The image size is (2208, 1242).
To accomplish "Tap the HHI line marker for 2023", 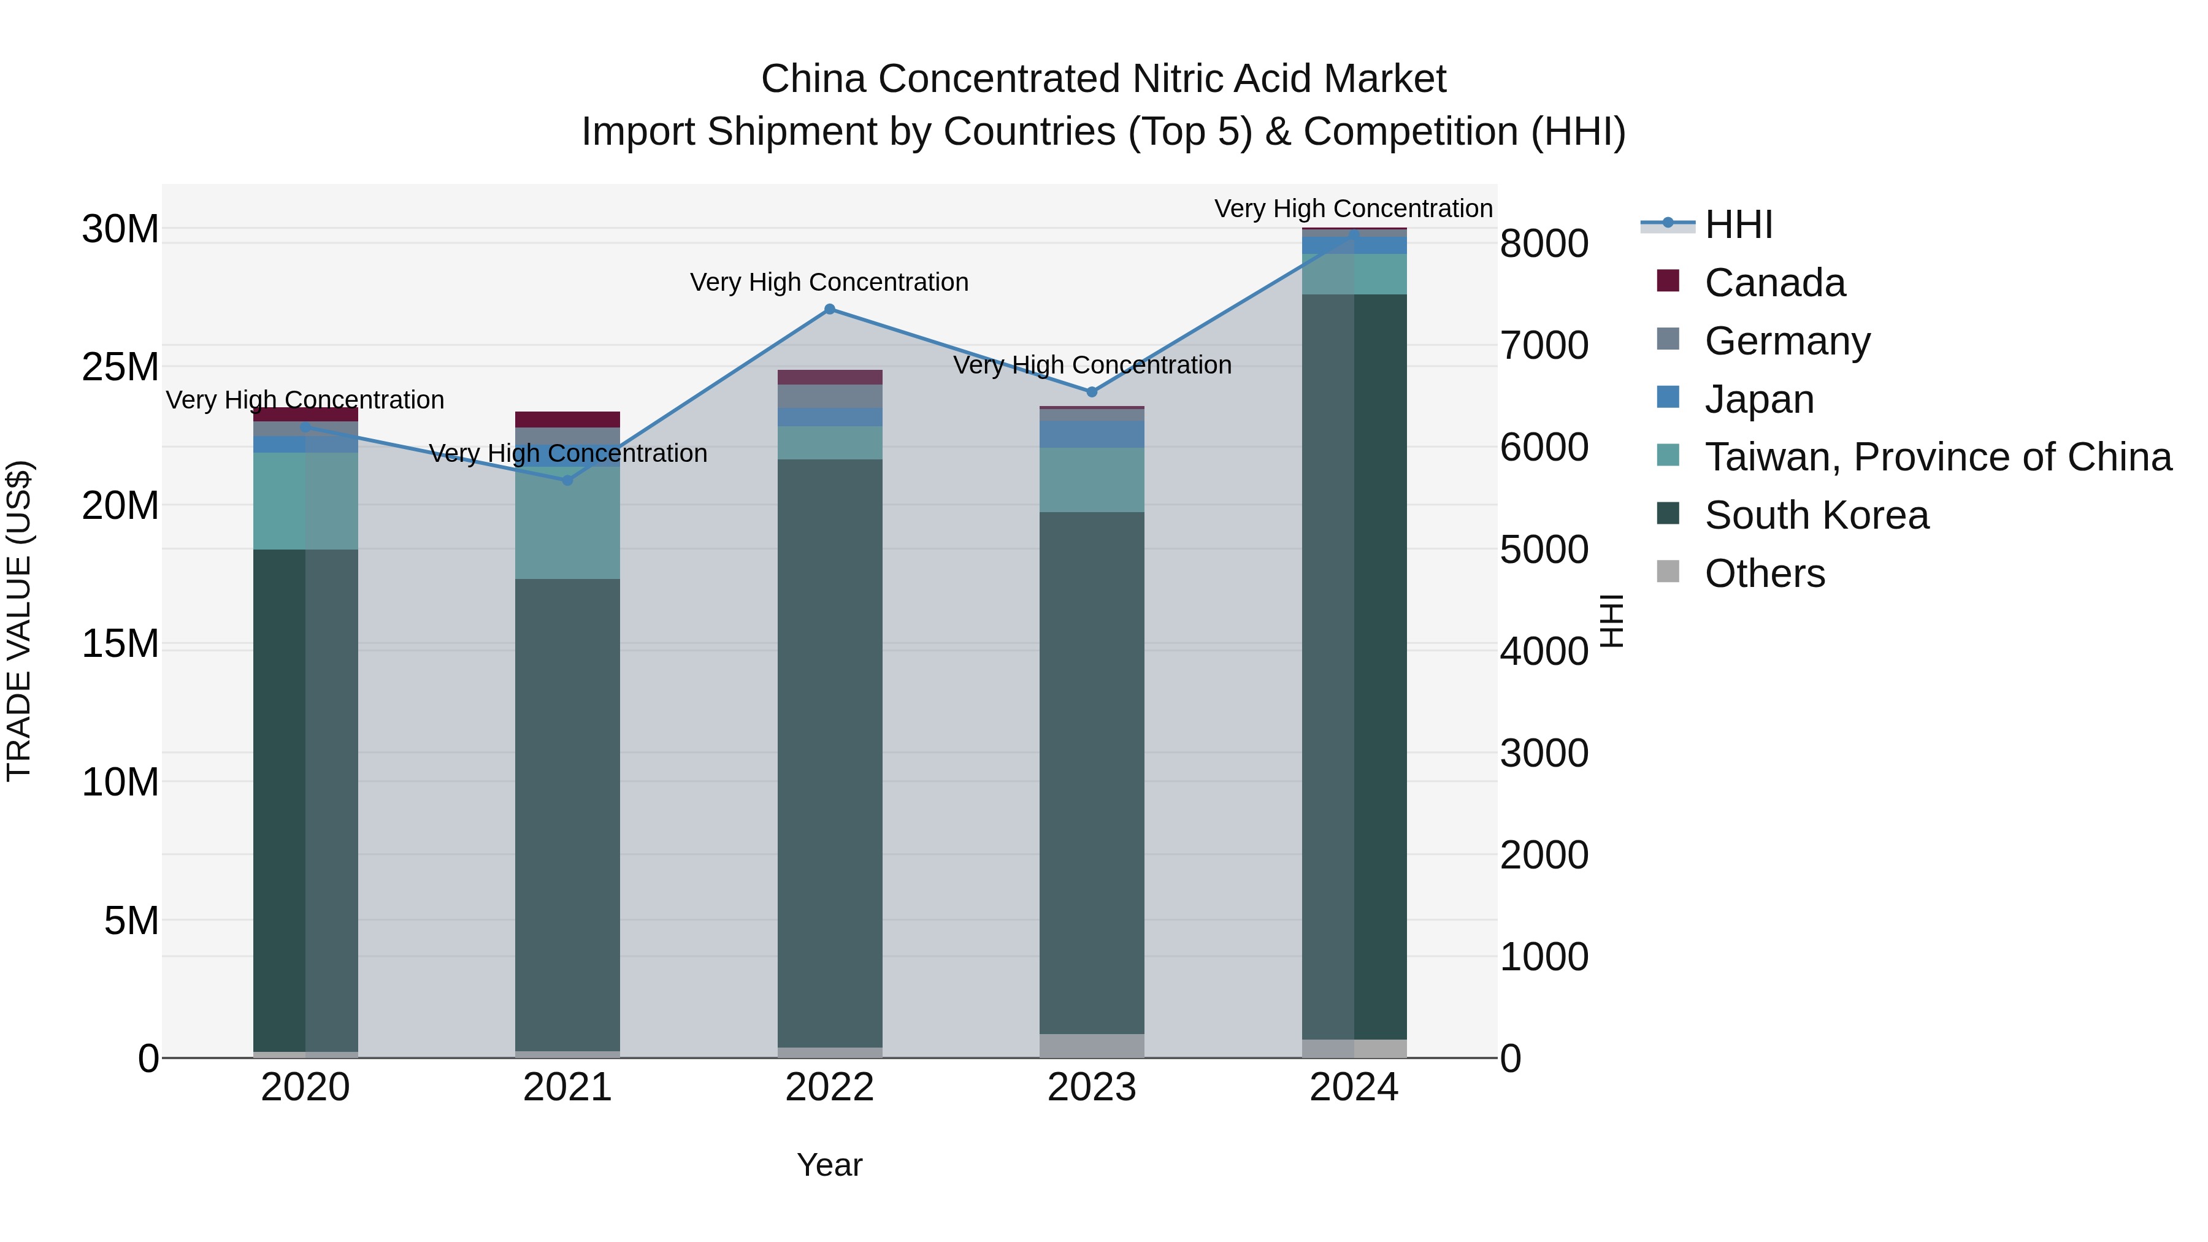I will pos(1091,392).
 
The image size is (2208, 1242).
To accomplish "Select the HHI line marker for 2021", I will pos(567,480).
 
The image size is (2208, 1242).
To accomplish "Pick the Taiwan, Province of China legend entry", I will pos(1937,457).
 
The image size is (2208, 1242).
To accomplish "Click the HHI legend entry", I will pos(1738,224).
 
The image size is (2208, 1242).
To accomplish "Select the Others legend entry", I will pos(1764,573).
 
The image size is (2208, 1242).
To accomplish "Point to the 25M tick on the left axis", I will pos(120,367).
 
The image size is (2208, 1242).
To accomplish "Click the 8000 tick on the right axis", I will pos(1544,243).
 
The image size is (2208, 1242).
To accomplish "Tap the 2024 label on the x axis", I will pos(1354,1087).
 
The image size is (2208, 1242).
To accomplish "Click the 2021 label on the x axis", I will pos(567,1087).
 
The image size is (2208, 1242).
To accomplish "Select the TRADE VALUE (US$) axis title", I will pos(19,621).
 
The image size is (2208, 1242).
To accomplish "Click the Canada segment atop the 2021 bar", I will pos(567,419).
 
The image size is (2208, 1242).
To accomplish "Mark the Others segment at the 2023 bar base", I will pos(1091,1045).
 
